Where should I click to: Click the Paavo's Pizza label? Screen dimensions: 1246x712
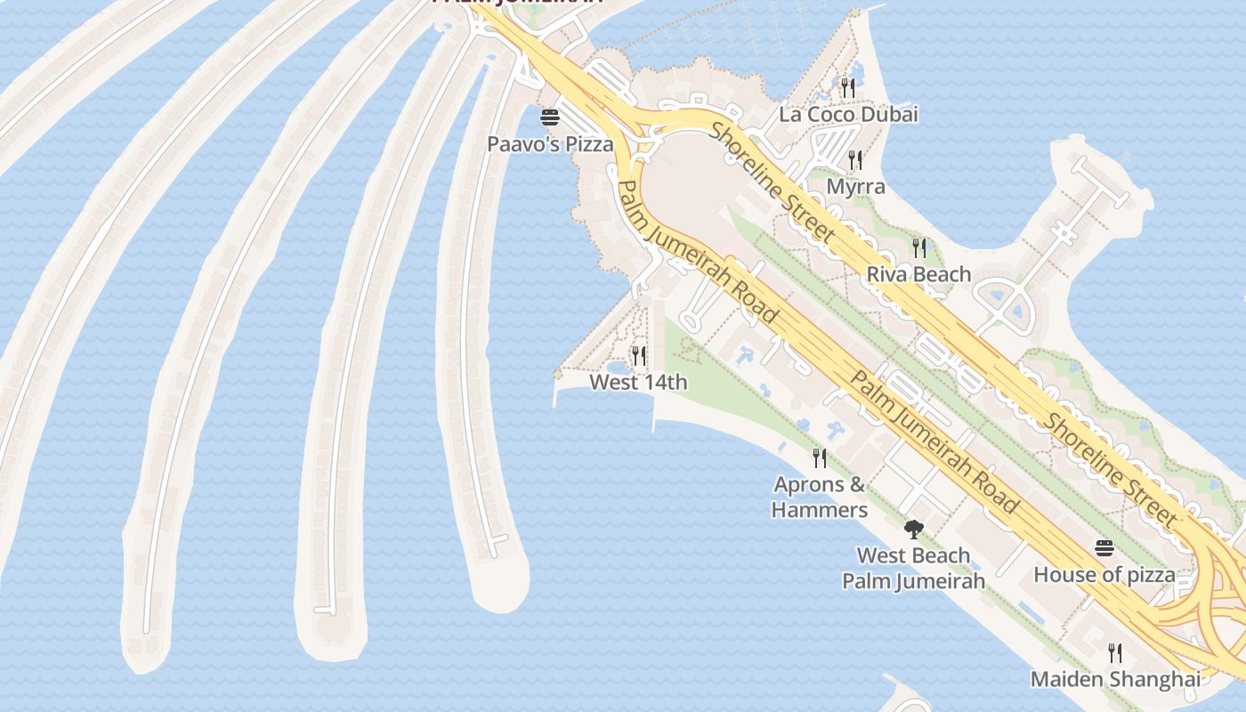pyautogui.click(x=550, y=143)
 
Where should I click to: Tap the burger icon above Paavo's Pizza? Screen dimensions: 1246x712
pyautogui.click(x=550, y=117)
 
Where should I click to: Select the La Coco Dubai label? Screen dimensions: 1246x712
pyautogui.click(x=848, y=115)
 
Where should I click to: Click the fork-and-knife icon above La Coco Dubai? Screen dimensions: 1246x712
pyautogui.click(x=848, y=87)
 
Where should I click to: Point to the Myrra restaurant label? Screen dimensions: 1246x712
pyautogui.click(x=855, y=187)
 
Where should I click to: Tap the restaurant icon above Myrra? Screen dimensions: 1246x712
pyautogui.click(x=855, y=160)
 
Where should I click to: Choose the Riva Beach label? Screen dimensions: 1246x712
pyautogui.click(x=918, y=274)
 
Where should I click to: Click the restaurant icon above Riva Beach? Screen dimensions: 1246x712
pyautogui.click(x=919, y=247)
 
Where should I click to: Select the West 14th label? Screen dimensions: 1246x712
pyautogui.click(x=638, y=383)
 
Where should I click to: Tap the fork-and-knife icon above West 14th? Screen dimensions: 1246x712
pyautogui.click(x=639, y=356)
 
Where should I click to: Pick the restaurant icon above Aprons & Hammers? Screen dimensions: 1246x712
pyautogui.click(x=820, y=458)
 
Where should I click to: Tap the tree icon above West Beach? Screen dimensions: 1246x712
pyautogui.click(x=913, y=530)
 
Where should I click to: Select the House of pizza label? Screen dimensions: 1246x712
pyautogui.click(x=1104, y=575)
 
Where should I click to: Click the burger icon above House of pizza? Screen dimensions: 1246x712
pyautogui.click(x=1104, y=548)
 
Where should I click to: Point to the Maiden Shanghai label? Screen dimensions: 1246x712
pyautogui.click(x=1115, y=679)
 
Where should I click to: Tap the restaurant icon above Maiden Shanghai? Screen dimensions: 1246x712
pyautogui.click(x=1115, y=653)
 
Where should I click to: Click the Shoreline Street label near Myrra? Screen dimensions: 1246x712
pyautogui.click(x=773, y=182)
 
